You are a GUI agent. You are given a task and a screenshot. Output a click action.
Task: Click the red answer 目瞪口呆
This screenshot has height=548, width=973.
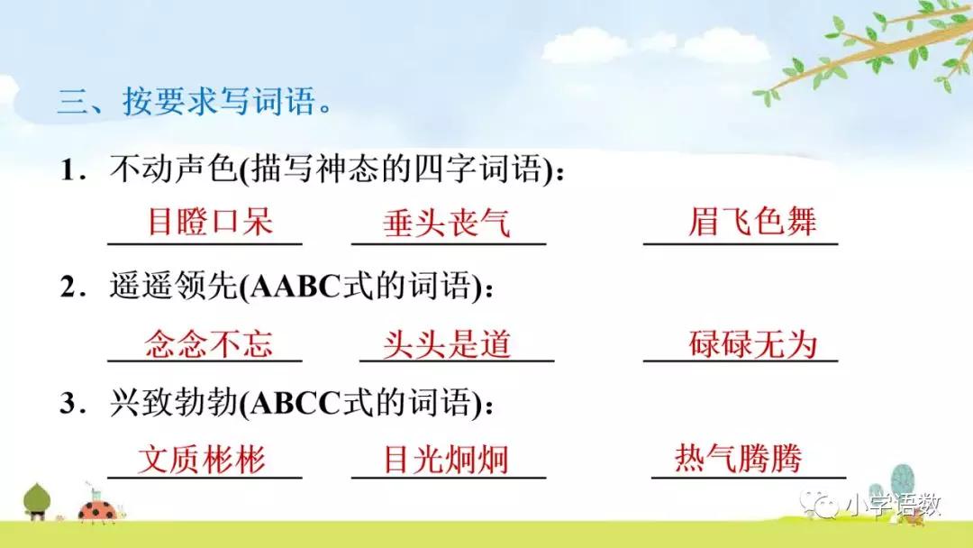point(209,222)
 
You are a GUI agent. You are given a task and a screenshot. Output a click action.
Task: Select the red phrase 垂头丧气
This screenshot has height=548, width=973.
point(446,223)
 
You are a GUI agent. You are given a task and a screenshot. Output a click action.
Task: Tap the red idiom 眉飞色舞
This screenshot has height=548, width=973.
point(751,222)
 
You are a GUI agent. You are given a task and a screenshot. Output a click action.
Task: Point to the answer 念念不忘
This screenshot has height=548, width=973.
point(209,344)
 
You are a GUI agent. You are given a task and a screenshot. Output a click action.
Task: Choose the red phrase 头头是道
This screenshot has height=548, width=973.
point(447,344)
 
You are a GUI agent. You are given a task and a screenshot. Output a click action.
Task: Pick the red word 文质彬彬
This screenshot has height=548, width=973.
point(202,460)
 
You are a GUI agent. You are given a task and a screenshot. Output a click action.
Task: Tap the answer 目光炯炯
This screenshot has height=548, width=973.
point(446,460)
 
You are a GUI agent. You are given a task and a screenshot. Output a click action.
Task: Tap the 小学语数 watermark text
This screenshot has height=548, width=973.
point(892,507)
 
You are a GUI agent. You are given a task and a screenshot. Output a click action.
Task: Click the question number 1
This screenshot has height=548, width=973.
point(68,169)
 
